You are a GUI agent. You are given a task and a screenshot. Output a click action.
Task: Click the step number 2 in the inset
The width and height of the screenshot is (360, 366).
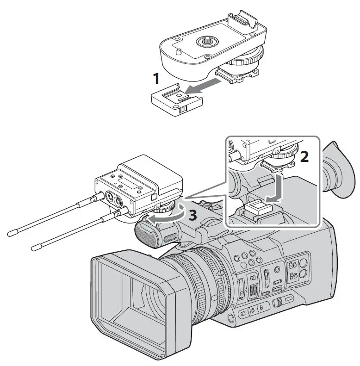pos(304,157)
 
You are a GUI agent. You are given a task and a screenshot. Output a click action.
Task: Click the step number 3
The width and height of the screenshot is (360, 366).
pos(194,215)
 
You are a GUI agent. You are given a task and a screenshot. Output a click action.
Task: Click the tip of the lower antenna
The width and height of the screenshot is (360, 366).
pos(34,248)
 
